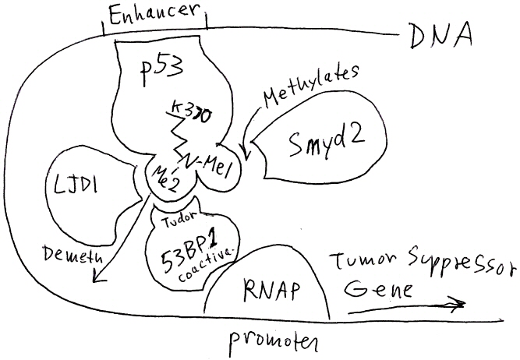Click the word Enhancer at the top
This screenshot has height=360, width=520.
[153, 13]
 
